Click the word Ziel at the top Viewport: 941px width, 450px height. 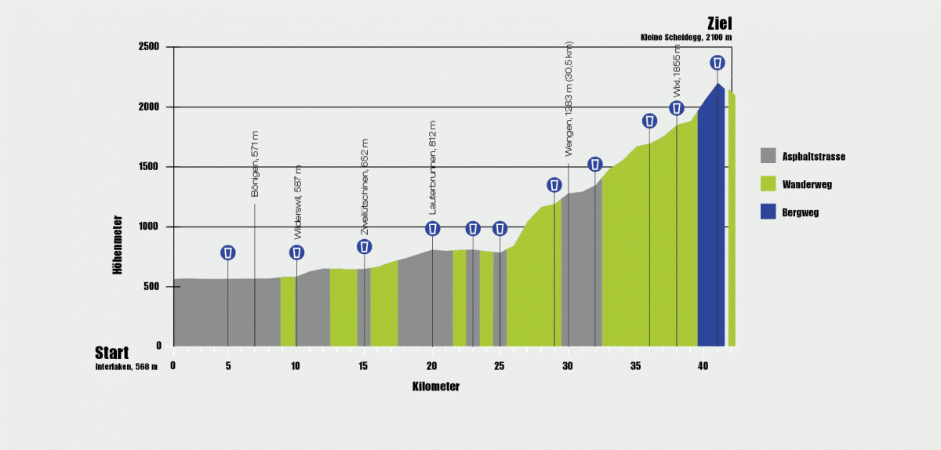point(719,24)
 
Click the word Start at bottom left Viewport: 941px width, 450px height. point(112,353)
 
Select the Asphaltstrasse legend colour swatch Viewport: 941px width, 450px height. point(768,156)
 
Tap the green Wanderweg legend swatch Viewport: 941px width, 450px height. point(768,184)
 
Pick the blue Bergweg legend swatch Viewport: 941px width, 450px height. point(768,212)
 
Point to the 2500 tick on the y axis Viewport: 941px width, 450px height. point(149,47)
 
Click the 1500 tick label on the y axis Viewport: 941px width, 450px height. point(149,167)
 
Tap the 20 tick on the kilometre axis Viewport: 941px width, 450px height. point(432,365)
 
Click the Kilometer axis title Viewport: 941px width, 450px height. point(435,386)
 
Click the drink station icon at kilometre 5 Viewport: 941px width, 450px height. point(227,252)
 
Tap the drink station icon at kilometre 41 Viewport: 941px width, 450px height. point(717,63)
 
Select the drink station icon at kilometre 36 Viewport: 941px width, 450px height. point(649,121)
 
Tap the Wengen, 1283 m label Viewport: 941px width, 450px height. point(569,100)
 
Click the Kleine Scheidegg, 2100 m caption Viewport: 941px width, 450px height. point(686,38)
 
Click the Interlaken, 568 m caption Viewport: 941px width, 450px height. point(126,367)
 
